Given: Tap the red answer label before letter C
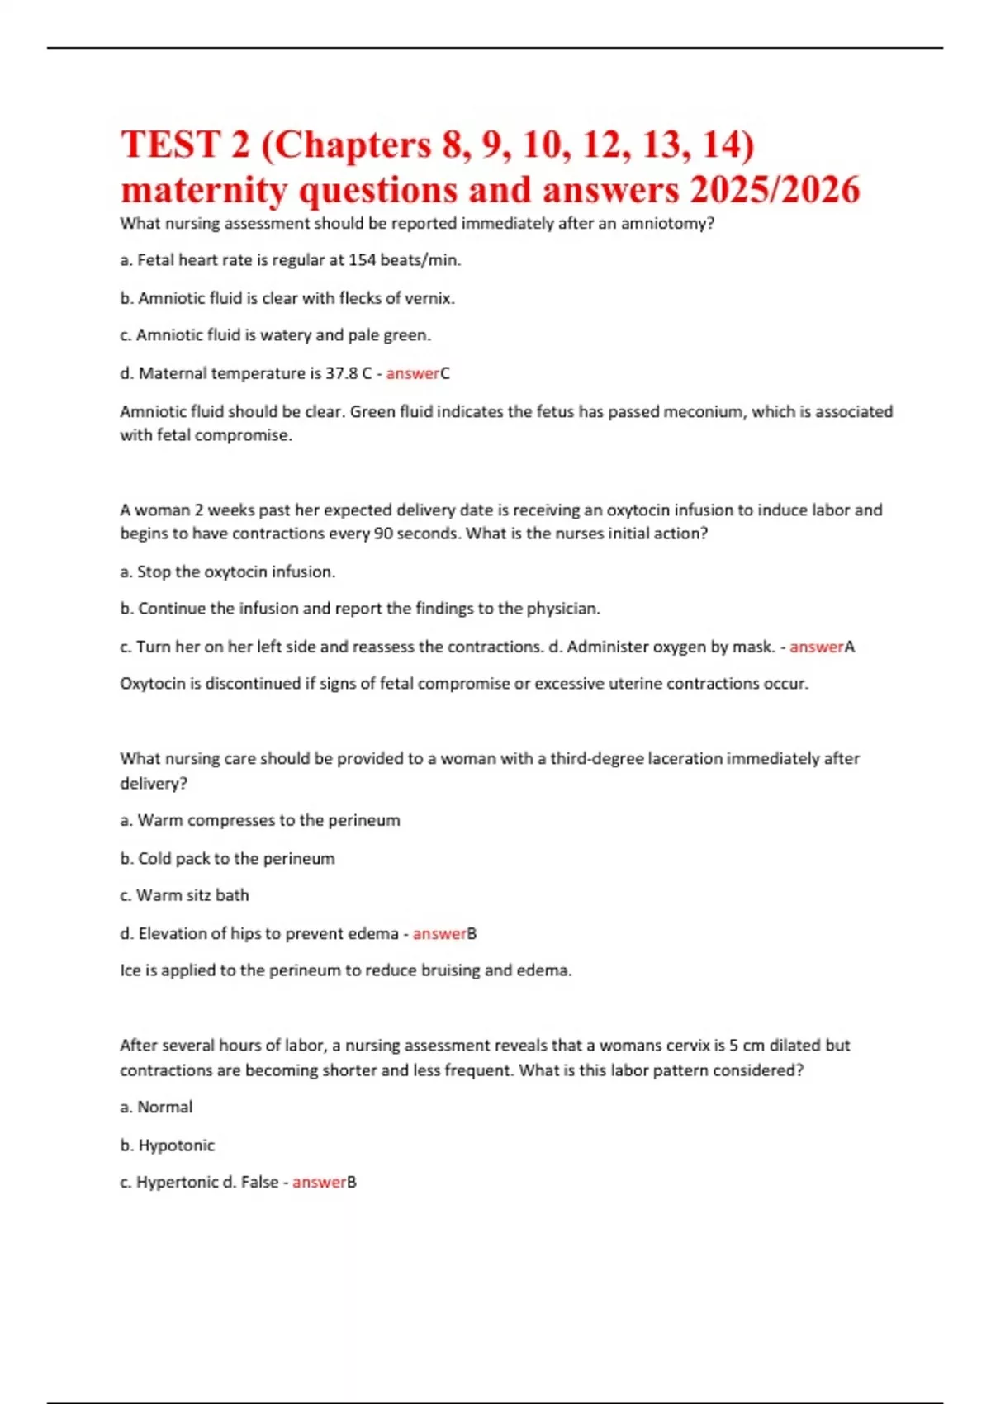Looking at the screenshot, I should [412, 373].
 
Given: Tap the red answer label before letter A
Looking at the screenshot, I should [816, 647].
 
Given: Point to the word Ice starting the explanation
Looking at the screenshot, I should [130, 970].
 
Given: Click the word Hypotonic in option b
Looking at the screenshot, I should [176, 1145].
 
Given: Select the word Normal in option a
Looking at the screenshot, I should [164, 1108].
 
